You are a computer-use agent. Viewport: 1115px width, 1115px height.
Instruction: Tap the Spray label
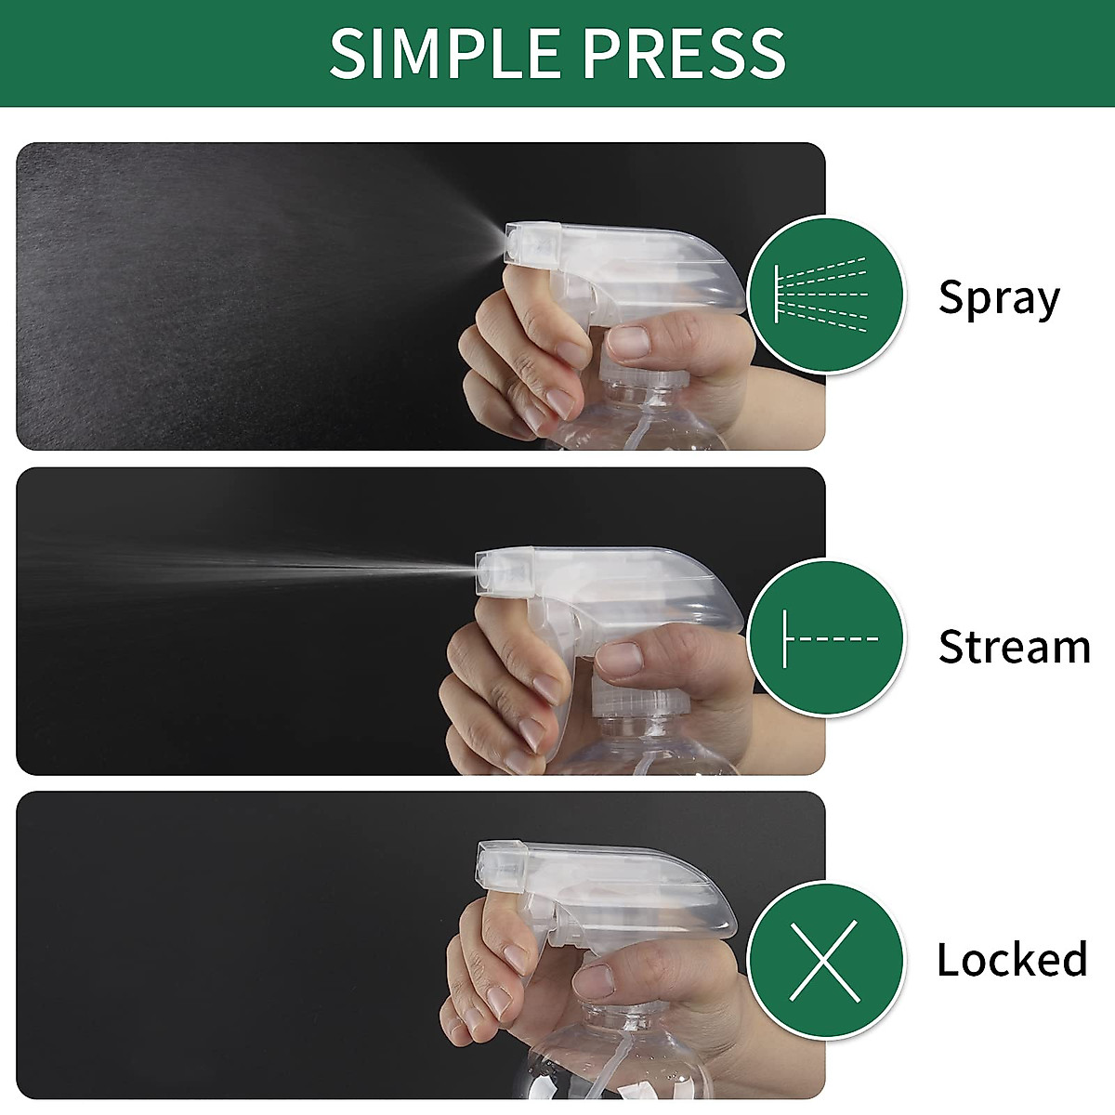(x=998, y=298)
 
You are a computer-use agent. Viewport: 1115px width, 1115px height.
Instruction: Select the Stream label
(x=1014, y=647)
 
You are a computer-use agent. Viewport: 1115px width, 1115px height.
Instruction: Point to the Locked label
(x=1012, y=959)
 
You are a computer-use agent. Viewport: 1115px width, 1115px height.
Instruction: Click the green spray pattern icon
(x=826, y=295)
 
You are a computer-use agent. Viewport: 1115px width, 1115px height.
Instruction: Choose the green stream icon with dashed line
(x=826, y=638)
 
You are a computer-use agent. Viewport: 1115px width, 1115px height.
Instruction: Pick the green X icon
(x=826, y=960)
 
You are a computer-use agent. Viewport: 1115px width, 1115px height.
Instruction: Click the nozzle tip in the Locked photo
(x=484, y=867)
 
